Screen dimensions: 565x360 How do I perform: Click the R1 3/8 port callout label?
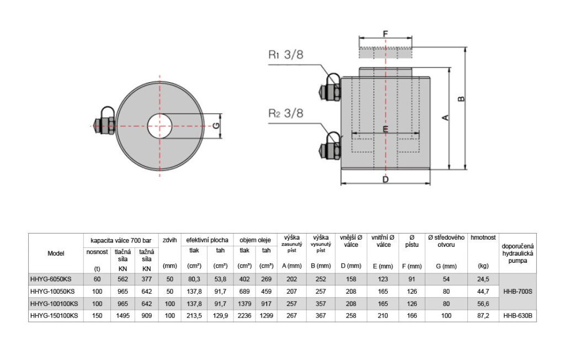click(x=286, y=55)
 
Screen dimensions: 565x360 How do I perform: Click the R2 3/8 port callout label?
click(x=286, y=113)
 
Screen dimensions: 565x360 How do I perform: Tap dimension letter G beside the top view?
click(x=216, y=126)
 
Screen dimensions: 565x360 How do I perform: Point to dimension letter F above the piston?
click(x=385, y=34)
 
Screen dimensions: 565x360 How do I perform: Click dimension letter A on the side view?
click(x=445, y=118)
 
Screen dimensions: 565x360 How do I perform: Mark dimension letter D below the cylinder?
click(x=385, y=179)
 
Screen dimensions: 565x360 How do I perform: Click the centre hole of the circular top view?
click(x=159, y=126)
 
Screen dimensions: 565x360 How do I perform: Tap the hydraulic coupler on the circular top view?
click(x=104, y=123)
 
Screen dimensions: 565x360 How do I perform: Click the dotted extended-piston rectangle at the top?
click(x=385, y=52)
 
